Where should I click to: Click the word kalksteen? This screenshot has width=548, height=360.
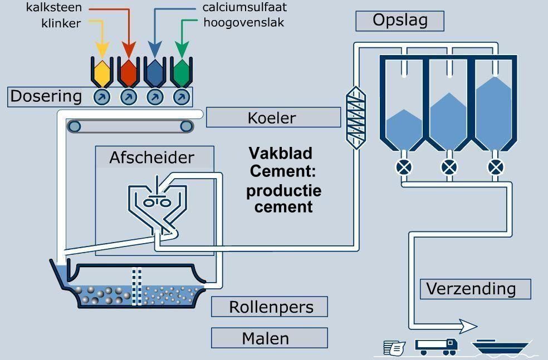[x=54, y=8]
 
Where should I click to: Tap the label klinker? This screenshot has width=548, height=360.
[x=61, y=23]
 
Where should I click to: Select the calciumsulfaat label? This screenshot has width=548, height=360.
[x=245, y=8]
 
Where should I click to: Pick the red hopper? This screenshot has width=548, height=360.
[x=129, y=71]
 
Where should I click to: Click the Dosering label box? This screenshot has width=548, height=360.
[x=46, y=96]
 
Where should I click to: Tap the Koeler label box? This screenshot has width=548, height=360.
[x=272, y=118]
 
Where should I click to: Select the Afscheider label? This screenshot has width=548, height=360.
[x=152, y=157]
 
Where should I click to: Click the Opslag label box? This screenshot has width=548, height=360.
[x=400, y=21]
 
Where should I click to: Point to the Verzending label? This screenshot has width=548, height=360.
[x=475, y=289]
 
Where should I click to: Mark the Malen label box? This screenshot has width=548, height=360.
[x=269, y=338]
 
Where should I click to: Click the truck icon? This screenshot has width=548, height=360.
[x=437, y=346]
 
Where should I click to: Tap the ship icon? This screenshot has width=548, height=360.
[x=500, y=348]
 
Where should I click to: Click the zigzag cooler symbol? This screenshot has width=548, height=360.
[x=354, y=116]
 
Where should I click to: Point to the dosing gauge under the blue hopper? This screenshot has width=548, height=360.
[x=155, y=97]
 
